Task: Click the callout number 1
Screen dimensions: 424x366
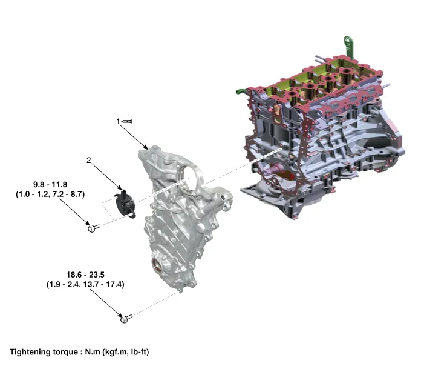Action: [x=118, y=121]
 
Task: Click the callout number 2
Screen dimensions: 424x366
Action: [x=89, y=161]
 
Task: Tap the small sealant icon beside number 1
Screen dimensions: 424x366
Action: [x=127, y=121]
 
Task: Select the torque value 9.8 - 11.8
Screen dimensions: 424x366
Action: [x=50, y=184]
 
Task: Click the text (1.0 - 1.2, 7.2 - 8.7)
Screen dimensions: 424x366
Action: [x=50, y=195]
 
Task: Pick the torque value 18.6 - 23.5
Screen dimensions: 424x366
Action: [x=85, y=274]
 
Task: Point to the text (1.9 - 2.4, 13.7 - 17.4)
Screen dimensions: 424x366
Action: [x=85, y=284]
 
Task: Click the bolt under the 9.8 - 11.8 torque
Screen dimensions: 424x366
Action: [x=94, y=228]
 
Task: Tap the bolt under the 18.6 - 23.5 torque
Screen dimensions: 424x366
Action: [x=126, y=318]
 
